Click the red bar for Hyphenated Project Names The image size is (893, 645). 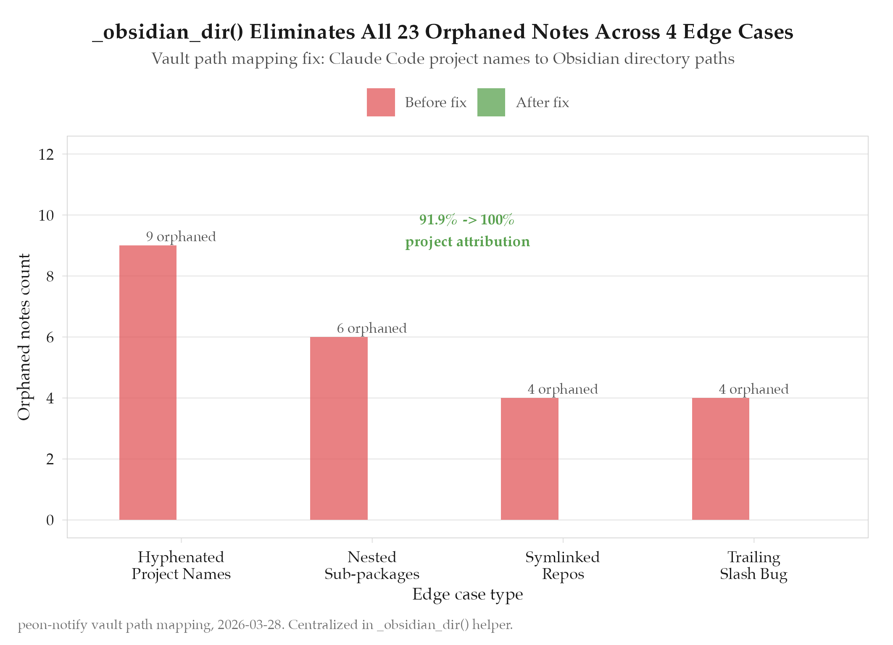[148, 382]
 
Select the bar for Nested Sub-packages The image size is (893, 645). [339, 428]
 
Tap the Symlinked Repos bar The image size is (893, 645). [529, 459]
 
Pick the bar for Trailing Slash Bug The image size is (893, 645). [720, 459]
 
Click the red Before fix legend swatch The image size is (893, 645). [381, 102]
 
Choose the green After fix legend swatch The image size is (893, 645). [491, 102]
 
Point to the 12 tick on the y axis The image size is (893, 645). [46, 155]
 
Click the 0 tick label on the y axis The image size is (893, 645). [50, 520]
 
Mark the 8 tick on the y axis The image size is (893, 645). [50, 276]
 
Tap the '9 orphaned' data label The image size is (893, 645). [181, 237]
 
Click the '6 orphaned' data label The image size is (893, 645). [372, 328]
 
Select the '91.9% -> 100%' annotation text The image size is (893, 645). [467, 220]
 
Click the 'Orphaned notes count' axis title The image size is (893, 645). [24, 337]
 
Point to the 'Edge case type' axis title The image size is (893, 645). [467, 594]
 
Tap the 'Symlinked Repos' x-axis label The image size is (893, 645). [563, 566]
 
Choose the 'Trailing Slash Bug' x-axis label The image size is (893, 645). [753, 566]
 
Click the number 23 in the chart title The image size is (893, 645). [408, 32]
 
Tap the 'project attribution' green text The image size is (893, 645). [467, 242]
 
